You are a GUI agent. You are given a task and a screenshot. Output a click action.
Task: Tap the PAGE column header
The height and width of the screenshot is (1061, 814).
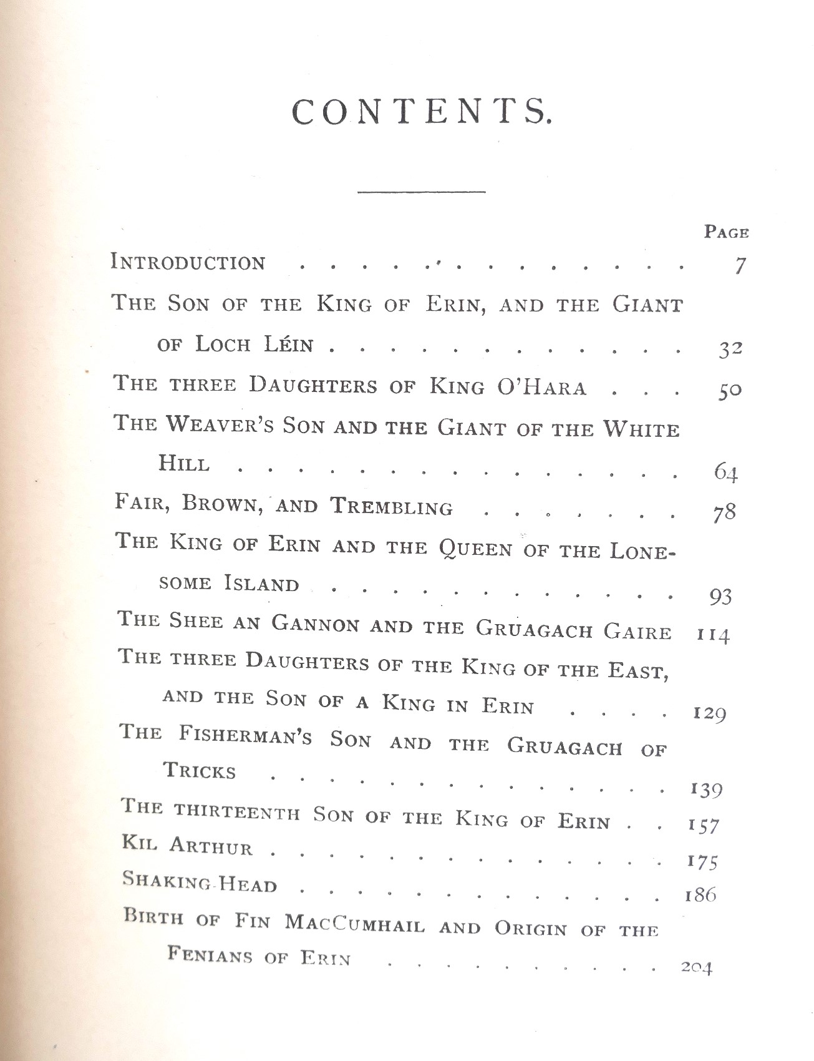pyautogui.click(x=726, y=232)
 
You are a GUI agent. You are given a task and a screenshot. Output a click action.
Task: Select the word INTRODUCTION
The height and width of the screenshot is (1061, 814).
pyautogui.click(x=188, y=262)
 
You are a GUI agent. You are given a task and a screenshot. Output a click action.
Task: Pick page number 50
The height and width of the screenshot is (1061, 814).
pyautogui.click(x=729, y=391)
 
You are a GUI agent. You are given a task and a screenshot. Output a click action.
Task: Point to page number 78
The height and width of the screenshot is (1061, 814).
pyautogui.click(x=724, y=512)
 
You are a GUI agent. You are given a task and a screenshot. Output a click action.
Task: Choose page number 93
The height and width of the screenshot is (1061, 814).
pyautogui.click(x=720, y=597)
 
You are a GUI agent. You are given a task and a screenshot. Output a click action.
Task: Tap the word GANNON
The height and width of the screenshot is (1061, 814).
pyautogui.click(x=316, y=624)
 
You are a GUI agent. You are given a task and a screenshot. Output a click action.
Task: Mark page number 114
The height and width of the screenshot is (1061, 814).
pyautogui.click(x=712, y=636)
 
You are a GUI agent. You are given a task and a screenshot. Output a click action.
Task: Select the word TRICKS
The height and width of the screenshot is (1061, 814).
pyautogui.click(x=200, y=771)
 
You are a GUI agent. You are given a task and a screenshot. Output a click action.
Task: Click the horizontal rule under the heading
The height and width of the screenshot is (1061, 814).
pyautogui.click(x=422, y=191)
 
